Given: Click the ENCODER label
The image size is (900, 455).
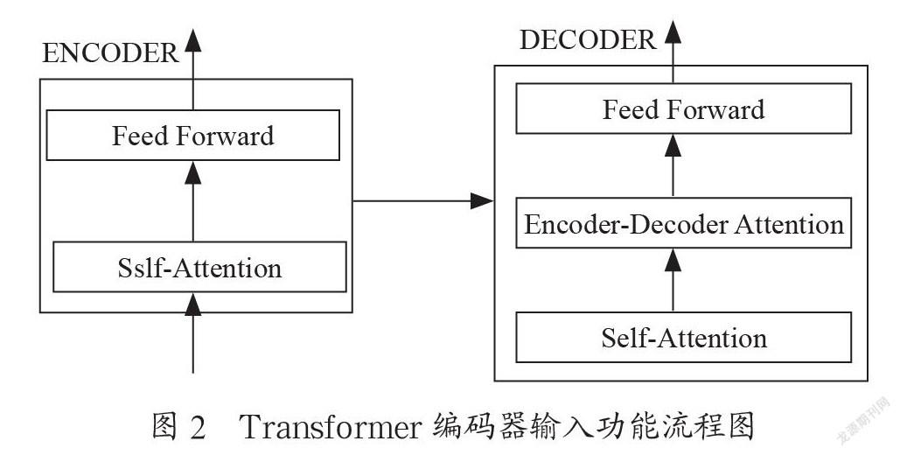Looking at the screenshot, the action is coord(110,53).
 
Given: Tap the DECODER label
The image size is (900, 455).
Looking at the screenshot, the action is coord(588,40).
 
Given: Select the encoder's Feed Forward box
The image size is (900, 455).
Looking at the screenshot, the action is coord(192,135).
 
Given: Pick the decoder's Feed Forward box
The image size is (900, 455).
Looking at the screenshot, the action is coord(684,108).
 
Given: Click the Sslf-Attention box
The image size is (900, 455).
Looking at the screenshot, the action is coord(199,267).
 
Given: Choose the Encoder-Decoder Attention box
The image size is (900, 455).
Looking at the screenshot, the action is coord(684,223).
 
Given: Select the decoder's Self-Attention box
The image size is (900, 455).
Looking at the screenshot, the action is coord(684,337).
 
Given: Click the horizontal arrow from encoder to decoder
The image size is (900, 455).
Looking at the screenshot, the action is coord(423,201).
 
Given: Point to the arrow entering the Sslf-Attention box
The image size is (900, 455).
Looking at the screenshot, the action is coord(192,332).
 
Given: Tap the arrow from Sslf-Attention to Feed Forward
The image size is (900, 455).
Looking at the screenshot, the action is coord(192,201).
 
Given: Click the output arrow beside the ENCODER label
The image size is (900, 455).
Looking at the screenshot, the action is coord(192,69).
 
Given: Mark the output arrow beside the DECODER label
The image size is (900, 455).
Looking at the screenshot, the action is coord(673,52).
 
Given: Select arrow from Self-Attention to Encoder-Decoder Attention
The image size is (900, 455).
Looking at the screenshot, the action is coord(673,280).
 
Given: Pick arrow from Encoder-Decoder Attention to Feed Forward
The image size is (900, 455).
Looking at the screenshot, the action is coord(673,166).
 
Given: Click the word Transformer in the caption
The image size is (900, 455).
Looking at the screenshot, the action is coord(331,427).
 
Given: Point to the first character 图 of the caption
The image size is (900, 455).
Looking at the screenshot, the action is coord(165,427).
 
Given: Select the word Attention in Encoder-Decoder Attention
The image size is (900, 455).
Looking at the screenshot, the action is coord(789,223).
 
